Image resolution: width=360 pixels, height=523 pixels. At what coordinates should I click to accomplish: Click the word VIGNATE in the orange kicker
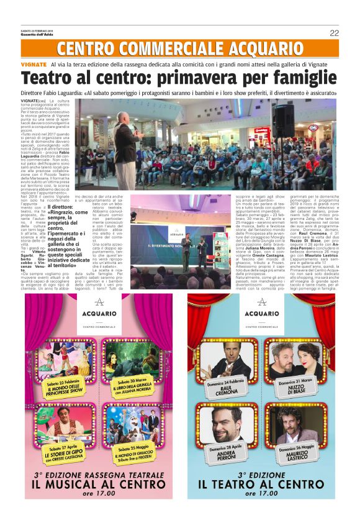[34, 65]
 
